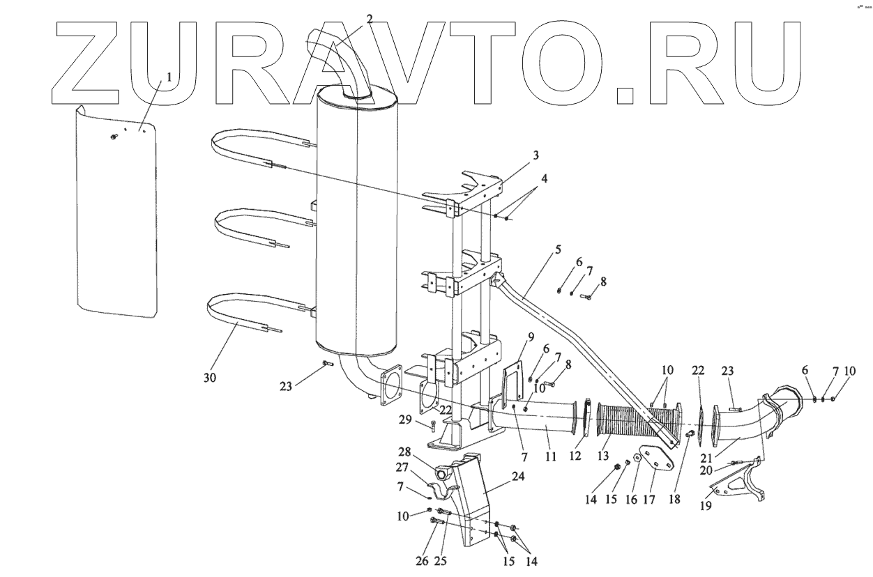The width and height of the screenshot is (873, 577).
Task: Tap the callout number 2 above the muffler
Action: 370,19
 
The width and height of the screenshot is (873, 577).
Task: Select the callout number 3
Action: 536,155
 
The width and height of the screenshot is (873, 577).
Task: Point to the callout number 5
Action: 558,249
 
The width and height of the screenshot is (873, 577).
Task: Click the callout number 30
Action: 210,378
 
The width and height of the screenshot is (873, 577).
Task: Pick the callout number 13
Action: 603,456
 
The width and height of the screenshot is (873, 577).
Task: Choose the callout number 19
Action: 706,506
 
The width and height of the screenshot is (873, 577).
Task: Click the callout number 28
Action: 404,452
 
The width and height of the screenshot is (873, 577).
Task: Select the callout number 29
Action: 405,420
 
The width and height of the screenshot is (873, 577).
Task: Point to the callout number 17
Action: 649,500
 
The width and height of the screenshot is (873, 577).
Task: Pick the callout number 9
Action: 531,337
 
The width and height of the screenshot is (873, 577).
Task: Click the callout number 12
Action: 575,456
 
